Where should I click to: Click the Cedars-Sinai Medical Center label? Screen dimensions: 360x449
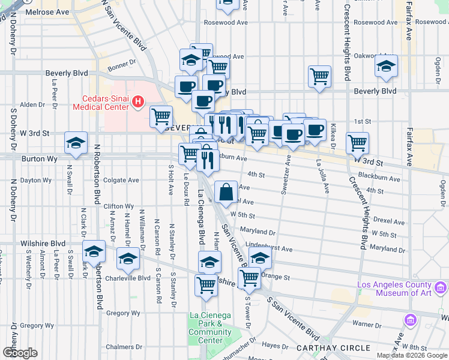(x=100, y=103)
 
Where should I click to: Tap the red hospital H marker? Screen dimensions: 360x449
(x=138, y=103)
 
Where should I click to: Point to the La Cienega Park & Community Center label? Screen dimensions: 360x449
(x=209, y=328)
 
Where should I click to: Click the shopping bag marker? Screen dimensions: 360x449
(x=226, y=192)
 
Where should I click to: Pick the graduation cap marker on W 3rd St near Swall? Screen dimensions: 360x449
(x=76, y=143)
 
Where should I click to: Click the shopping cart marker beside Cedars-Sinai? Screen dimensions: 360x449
(x=161, y=116)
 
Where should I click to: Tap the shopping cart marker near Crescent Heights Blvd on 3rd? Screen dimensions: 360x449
(x=358, y=143)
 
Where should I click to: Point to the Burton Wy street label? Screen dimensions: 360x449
(x=37, y=160)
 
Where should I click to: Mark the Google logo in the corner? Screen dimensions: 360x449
(x=20, y=352)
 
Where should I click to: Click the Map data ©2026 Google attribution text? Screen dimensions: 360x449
(x=412, y=355)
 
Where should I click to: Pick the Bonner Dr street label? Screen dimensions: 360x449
(x=122, y=62)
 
